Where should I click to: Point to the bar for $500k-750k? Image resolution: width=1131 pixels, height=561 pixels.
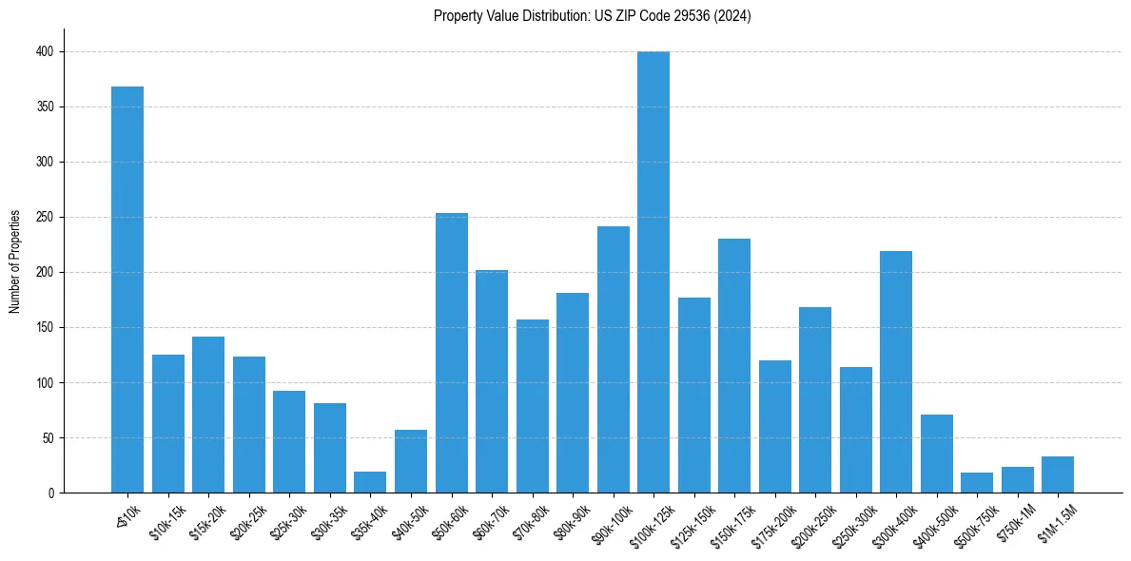tap(977, 483)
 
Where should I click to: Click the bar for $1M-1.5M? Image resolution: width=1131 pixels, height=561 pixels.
tap(1058, 474)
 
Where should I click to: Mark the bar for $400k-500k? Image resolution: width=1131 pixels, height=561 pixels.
tap(937, 454)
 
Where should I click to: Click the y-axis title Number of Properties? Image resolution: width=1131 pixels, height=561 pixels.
tap(14, 261)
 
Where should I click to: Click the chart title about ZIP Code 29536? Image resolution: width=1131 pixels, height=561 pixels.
tap(592, 16)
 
